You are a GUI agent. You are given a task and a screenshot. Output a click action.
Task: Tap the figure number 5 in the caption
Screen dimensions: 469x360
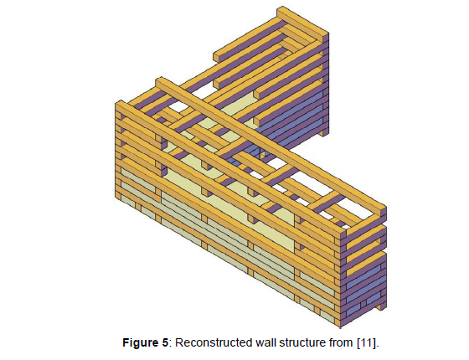[x=166, y=342]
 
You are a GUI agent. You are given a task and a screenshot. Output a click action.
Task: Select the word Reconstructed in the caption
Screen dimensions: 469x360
[x=214, y=342]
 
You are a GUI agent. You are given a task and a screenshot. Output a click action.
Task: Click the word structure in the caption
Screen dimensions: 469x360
[x=301, y=342]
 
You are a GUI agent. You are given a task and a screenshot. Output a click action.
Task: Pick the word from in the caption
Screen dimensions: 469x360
[x=341, y=342]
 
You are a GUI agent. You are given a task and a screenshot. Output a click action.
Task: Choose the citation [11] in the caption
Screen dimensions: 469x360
[x=367, y=342]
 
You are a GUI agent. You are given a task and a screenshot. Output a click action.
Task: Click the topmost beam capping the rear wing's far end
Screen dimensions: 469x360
[x=302, y=24]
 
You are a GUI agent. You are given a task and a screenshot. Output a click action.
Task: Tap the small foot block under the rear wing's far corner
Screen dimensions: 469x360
[x=323, y=132]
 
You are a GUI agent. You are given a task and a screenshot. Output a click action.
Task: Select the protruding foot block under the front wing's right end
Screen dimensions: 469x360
[x=381, y=306]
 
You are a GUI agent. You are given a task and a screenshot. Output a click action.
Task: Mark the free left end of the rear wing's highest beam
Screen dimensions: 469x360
[x=214, y=56]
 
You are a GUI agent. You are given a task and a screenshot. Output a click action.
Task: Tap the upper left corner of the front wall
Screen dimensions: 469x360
[x=116, y=104]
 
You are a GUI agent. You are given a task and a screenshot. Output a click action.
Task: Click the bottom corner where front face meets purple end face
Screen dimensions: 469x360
[x=340, y=327]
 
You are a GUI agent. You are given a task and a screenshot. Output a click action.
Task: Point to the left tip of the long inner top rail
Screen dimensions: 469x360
[x=157, y=80]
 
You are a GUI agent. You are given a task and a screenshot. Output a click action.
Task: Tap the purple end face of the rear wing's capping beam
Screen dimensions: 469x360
[x=326, y=38]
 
